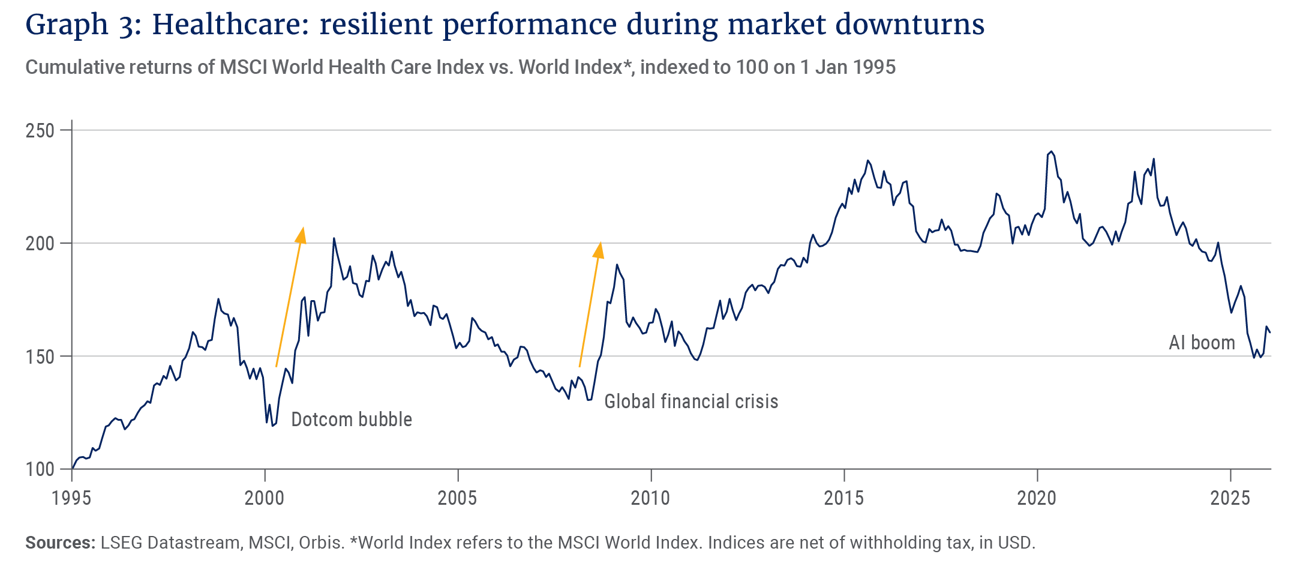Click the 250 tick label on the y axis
[x=40, y=131]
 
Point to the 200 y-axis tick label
[x=40, y=244]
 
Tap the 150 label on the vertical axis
[x=40, y=357]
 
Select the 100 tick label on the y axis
[x=40, y=469]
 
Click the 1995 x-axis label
[x=71, y=498]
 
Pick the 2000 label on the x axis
[x=265, y=498]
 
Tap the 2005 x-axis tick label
[x=458, y=498]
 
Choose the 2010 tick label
[x=651, y=498]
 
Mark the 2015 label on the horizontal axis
[x=844, y=498]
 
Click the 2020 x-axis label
[x=1037, y=498]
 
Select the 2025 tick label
[x=1230, y=498]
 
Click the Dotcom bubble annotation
[x=352, y=419]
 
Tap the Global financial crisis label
[x=691, y=401]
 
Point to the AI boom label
[x=1202, y=343]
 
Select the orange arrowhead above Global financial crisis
[x=599, y=250]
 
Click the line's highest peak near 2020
[x=1050, y=151]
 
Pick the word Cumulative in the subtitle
[x=69, y=67]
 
